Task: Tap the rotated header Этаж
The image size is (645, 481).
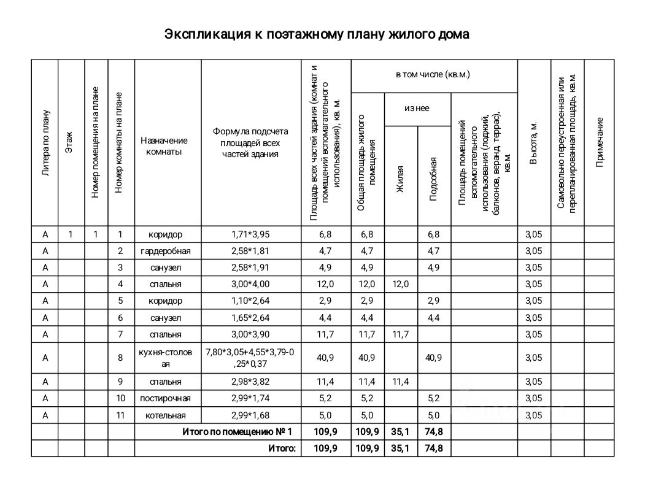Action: pos(69,143)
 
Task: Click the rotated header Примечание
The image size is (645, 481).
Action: pos(600,142)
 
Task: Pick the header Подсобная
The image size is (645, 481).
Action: pos(433,179)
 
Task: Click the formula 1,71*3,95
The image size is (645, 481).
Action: pos(250,234)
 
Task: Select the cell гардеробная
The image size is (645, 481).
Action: pos(166,251)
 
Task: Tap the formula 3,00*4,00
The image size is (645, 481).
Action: pos(250,284)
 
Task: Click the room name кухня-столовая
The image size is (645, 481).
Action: pos(166,358)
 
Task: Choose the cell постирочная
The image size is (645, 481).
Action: pos(166,399)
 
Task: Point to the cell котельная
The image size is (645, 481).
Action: pos(166,415)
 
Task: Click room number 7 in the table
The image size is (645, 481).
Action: pos(121,334)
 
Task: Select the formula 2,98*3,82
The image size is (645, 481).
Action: pos(250,382)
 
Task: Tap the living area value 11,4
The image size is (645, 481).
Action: pos(401,382)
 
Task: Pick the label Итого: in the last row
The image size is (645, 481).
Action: pos(282,448)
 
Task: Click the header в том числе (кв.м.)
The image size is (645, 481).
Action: pos(433,74)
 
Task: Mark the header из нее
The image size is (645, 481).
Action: pos(417,109)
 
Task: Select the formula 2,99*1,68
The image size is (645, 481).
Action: pos(250,415)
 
